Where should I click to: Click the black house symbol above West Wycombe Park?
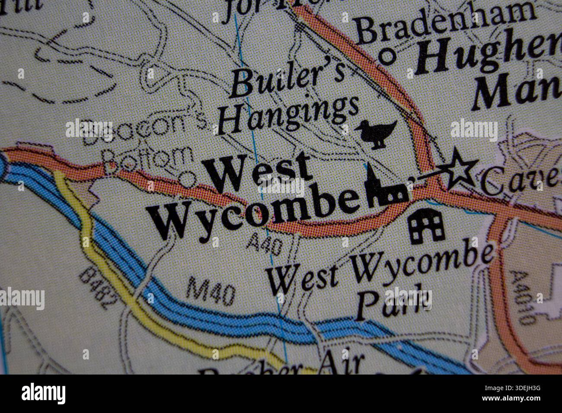point(426,226)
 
